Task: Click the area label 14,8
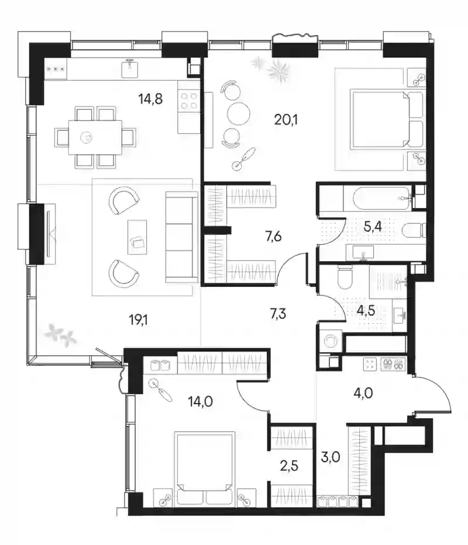150,99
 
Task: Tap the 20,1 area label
286,120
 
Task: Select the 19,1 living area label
138,320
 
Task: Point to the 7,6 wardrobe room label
273,237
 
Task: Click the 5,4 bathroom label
373,227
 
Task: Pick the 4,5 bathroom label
366,310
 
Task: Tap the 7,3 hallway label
278,314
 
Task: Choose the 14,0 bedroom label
200,402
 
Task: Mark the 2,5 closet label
290,466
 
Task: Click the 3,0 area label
331,457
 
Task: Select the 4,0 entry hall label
363,394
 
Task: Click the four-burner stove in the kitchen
189,101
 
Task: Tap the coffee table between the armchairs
137,237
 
